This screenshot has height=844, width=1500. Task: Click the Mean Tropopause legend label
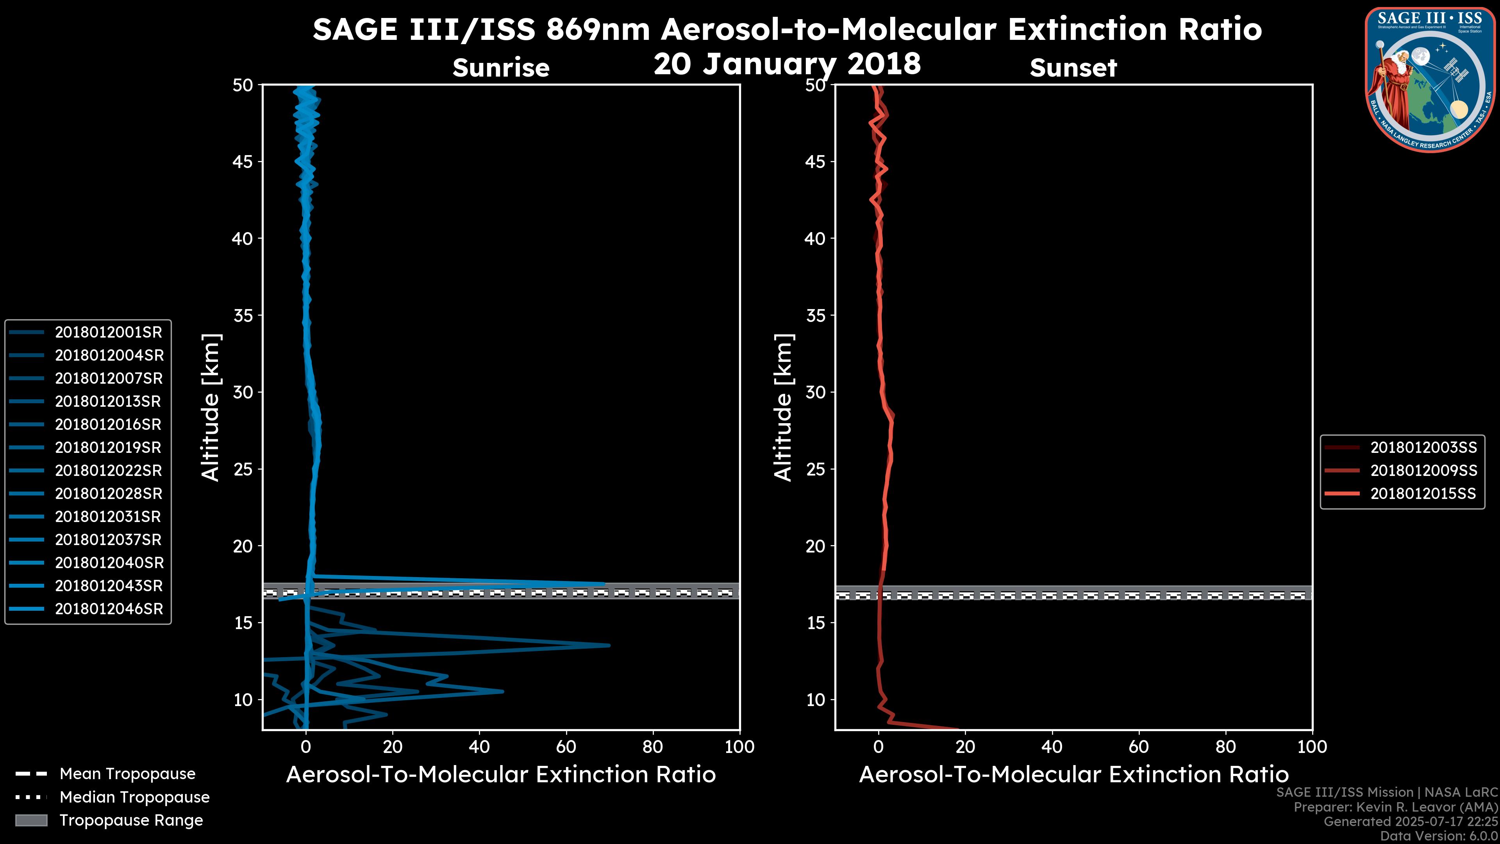[127, 774]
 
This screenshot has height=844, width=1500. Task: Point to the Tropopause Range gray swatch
[31, 820]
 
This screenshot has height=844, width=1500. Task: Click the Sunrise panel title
[501, 68]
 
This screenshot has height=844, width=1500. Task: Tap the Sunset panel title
[1073, 68]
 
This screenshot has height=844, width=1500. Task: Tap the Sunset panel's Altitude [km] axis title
[783, 407]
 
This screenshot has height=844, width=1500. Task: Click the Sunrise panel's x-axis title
[501, 774]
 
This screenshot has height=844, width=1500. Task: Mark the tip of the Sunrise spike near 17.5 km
[604, 584]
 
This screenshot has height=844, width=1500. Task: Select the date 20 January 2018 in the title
[787, 63]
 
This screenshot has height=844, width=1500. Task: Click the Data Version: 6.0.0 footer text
[1439, 837]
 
